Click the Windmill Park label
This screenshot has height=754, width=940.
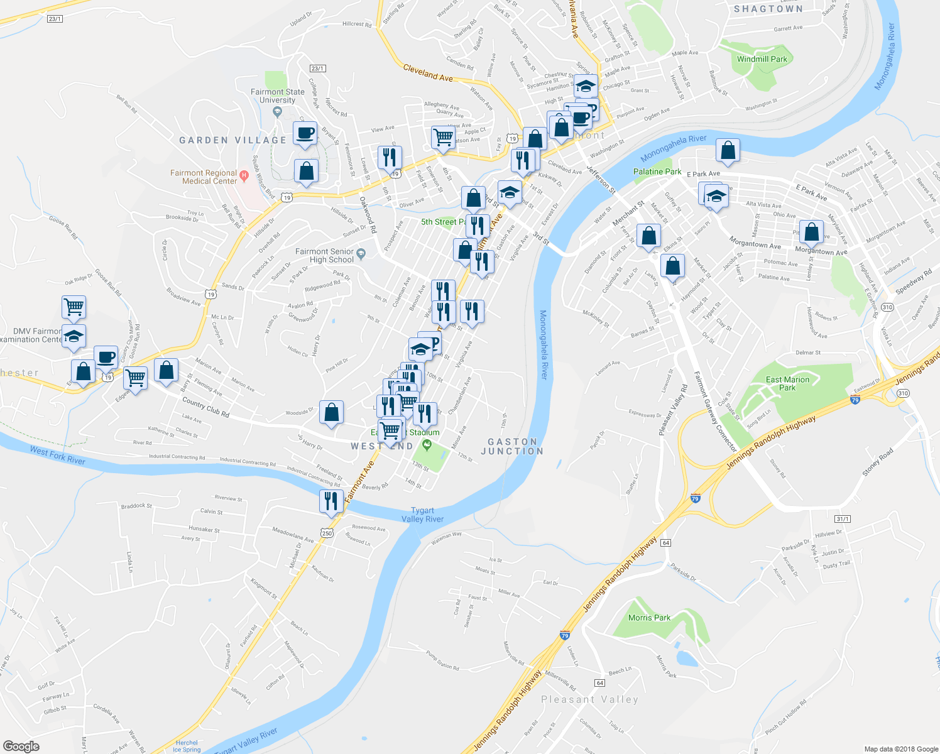(762, 59)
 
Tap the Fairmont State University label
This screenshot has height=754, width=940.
(277, 96)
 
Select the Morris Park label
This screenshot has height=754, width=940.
(649, 618)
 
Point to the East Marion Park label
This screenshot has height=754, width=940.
(787, 383)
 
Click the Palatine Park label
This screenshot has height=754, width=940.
(657, 172)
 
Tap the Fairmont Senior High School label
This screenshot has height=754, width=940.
(325, 256)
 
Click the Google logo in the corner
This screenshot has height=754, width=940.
(21, 746)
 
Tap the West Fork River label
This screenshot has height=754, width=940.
(57, 455)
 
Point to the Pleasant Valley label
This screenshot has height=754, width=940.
(589, 699)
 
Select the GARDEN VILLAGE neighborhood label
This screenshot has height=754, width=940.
(232, 140)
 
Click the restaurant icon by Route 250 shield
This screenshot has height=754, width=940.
(331, 501)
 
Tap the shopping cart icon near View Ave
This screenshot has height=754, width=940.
(444, 137)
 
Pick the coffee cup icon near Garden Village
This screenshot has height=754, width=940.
(305, 133)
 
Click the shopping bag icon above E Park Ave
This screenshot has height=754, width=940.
(728, 150)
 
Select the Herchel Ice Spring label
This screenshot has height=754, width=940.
(186, 746)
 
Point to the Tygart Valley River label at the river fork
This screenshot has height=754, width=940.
(422, 515)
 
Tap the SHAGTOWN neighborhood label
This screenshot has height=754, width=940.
(768, 9)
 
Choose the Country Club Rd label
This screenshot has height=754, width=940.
(205, 407)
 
